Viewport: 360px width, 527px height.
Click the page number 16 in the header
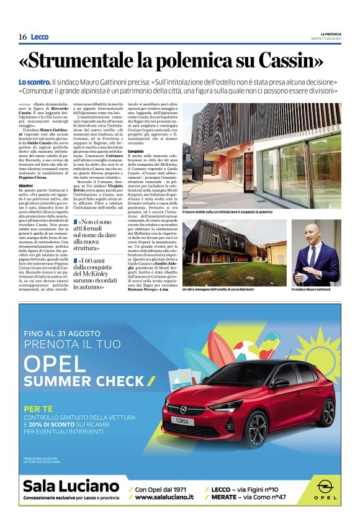tap(22, 37)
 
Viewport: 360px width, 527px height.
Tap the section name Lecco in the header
tap(39, 37)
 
